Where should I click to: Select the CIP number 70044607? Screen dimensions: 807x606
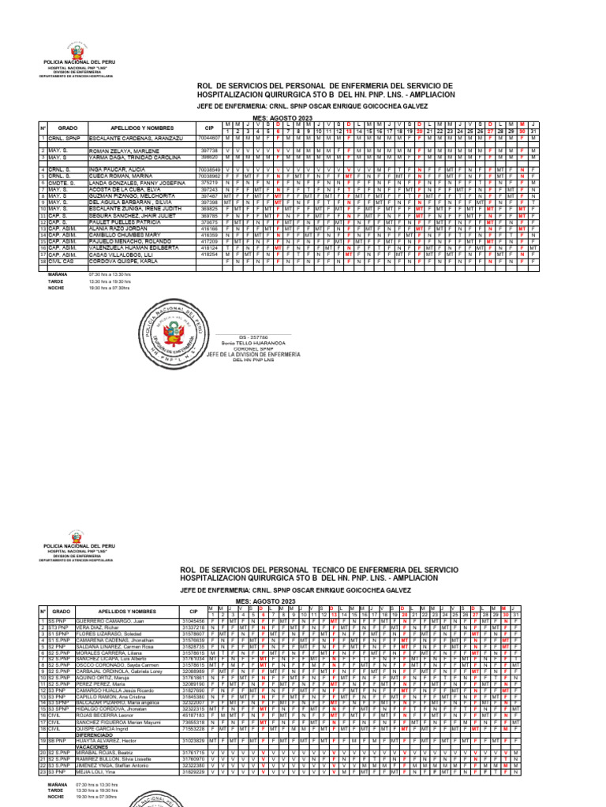[209, 137]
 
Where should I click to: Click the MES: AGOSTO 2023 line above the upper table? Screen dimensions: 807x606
[282, 116]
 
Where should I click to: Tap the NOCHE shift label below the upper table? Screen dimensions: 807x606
[58, 288]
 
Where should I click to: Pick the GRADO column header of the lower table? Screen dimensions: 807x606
[61, 611]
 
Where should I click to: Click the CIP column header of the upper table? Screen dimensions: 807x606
[209, 127]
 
